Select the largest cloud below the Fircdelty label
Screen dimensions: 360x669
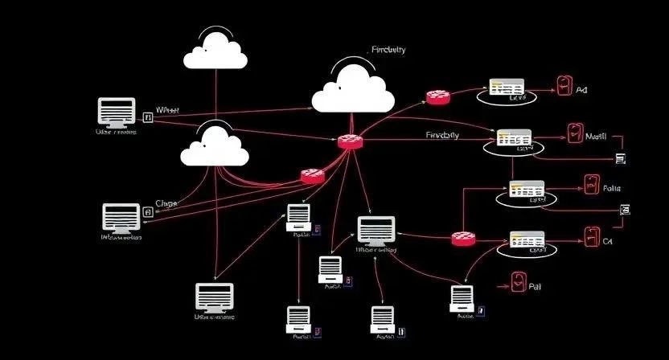(352, 90)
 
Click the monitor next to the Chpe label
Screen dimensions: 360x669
(121, 216)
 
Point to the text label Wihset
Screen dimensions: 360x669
(167, 110)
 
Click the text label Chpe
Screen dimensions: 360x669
(166, 204)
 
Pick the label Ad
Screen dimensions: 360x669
(582, 91)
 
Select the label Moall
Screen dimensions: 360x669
(596, 137)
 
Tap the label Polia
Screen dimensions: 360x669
(612, 188)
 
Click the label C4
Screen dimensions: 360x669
(608, 240)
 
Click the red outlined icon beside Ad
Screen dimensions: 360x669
(564, 87)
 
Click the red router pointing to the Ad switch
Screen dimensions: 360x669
(438, 96)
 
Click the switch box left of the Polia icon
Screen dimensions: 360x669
(527, 190)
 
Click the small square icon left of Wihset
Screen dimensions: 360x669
(147, 117)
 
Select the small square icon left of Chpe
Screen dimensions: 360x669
(147, 212)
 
